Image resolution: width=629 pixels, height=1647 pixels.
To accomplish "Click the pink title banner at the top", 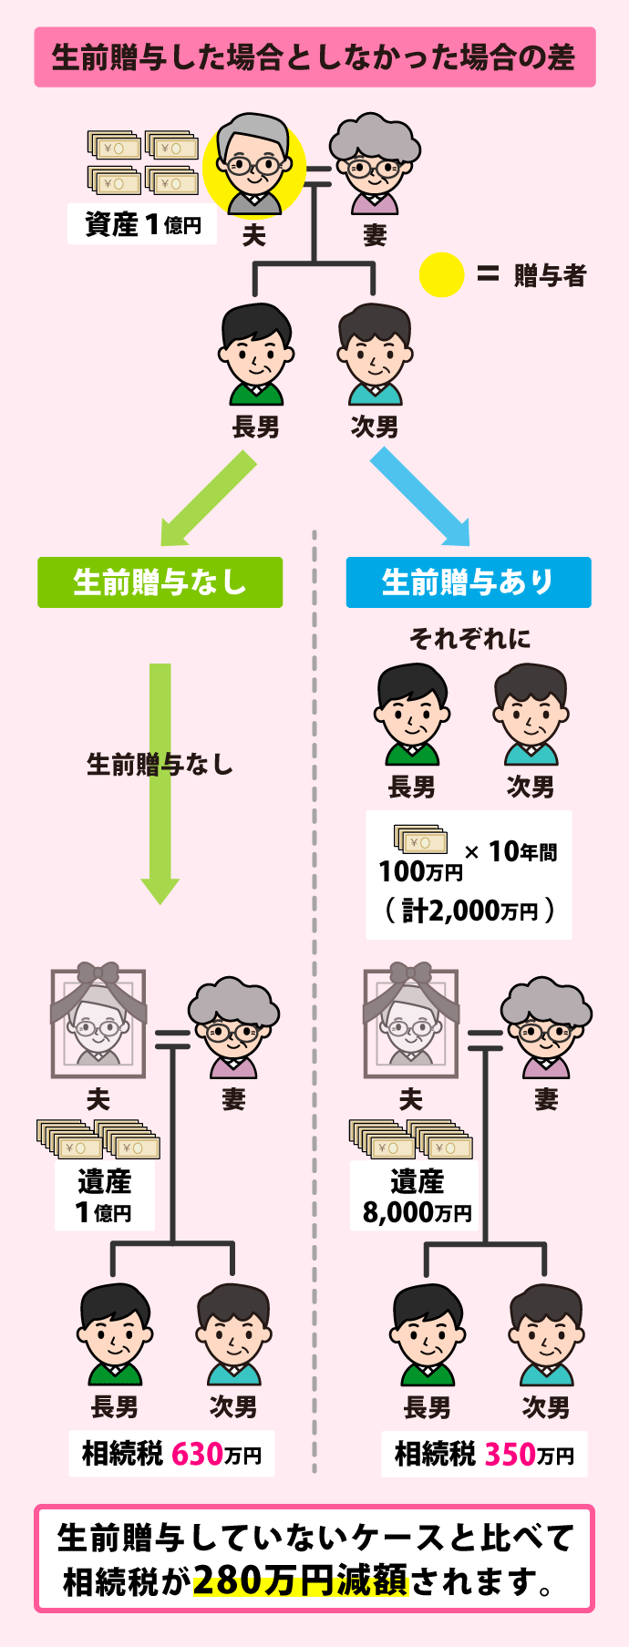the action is (314, 57).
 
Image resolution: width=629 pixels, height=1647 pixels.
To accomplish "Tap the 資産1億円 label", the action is (142, 224).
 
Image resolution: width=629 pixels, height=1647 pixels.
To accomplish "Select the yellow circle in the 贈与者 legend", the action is (441, 274).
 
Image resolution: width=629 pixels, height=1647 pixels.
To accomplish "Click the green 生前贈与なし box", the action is (160, 582).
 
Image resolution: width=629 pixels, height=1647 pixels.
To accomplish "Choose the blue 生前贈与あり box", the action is (469, 582).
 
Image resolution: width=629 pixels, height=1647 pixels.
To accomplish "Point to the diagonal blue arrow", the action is (420, 499).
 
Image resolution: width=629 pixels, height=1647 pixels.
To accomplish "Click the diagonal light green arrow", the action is (209, 499).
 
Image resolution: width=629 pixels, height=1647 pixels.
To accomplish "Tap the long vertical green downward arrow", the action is (160, 784).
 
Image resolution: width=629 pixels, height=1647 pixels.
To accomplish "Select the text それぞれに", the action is (469, 638).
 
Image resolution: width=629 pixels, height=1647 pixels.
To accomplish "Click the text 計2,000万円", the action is (469, 910).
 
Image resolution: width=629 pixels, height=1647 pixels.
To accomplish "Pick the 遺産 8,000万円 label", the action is (417, 1197).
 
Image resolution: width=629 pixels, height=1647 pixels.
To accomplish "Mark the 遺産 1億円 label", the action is (104, 1197).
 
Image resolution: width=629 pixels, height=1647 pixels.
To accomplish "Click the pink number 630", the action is (198, 1453).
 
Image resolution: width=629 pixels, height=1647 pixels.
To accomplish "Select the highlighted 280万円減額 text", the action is (300, 1580).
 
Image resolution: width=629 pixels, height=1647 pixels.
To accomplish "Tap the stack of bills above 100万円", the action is (420, 840).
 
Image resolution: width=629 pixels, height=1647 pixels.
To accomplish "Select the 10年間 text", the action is (522, 851).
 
